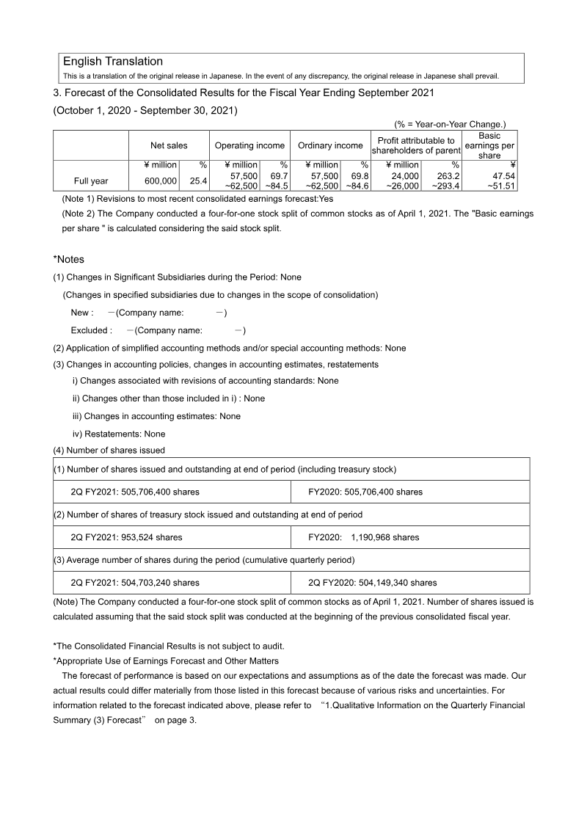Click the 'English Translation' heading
point(113,62)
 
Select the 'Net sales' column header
point(169,145)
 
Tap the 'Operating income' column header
point(249,145)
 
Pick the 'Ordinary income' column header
point(330,145)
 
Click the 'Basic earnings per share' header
point(489,145)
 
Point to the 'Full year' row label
point(91,181)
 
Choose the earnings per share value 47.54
point(502,176)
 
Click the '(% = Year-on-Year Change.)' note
point(450,125)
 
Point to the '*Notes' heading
point(69,260)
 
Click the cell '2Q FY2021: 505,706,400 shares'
point(135,492)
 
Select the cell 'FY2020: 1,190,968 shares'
point(364,537)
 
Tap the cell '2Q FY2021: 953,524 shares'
point(126,537)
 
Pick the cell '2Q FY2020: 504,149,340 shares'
point(373,583)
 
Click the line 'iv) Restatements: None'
point(119,434)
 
